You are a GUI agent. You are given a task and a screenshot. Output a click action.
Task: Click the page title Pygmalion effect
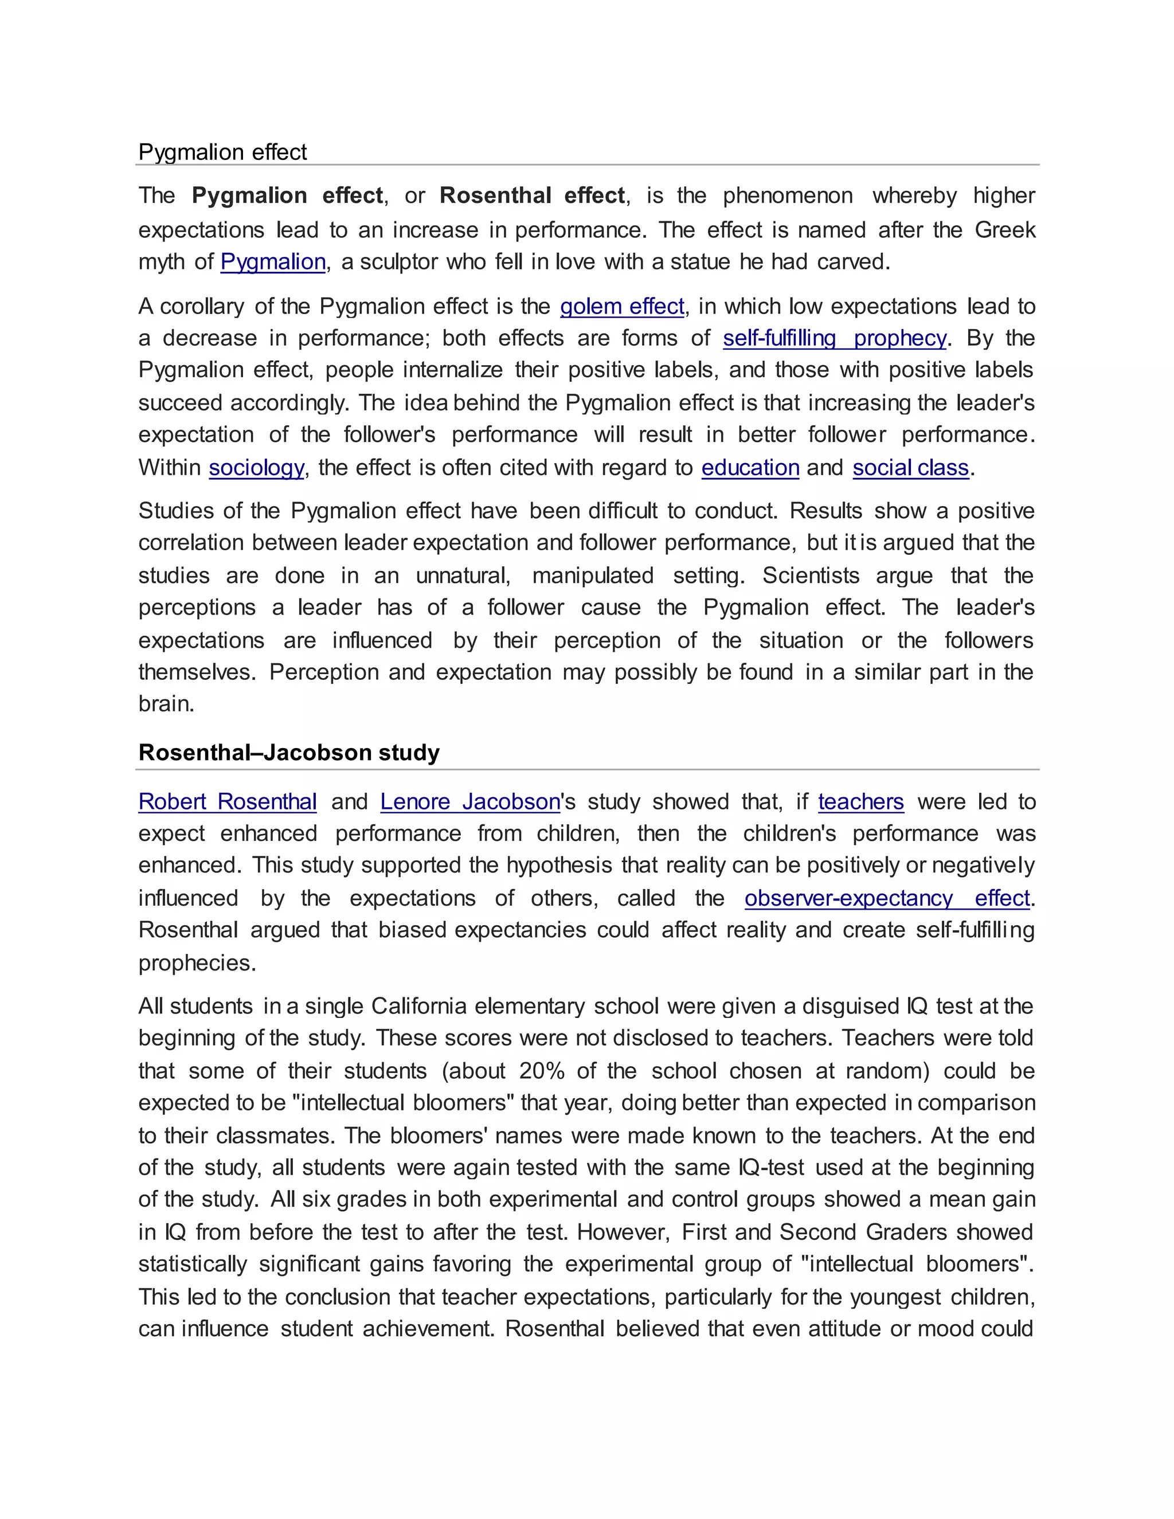(x=222, y=152)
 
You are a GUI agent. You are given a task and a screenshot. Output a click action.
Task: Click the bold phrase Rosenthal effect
(x=532, y=195)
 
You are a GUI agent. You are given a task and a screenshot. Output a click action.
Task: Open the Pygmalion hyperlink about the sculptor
(x=273, y=261)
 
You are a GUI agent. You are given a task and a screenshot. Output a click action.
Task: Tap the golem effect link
(x=622, y=306)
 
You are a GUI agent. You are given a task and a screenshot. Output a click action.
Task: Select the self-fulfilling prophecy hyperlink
(x=834, y=338)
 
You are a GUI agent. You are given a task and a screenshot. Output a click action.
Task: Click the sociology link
(x=256, y=467)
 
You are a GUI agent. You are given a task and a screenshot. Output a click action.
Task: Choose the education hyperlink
(x=750, y=467)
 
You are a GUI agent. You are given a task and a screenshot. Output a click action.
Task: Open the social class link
(x=910, y=467)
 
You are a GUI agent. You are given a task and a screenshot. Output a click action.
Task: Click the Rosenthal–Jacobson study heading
(x=289, y=753)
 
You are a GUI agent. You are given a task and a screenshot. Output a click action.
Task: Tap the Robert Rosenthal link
(x=228, y=801)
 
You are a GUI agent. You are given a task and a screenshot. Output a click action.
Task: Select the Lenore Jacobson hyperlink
(x=469, y=801)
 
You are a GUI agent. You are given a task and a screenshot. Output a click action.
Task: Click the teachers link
(x=860, y=801)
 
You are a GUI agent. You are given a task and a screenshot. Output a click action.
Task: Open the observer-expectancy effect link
(x=886, y=898)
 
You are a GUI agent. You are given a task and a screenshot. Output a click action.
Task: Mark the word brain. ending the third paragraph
(x=166, y=704)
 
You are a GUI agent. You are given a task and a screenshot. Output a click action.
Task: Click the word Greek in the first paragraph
(x=1005, y=229)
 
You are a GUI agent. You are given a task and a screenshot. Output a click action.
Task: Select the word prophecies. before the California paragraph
(x=197, y=962)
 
